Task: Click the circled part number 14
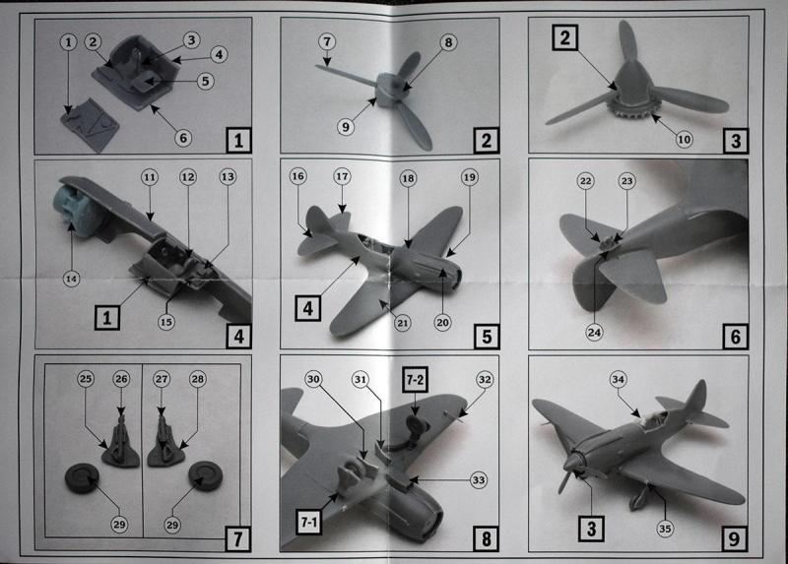click(x=71, y=279)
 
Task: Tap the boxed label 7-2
click(x=415, y=380)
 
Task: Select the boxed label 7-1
click(x=308, y=522)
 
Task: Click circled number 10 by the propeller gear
click(x=684, y=139)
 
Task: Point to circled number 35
click(x=665, y=529)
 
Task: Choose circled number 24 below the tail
click(x=594, y=332)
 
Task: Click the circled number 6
click(x=183, y=138)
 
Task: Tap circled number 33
click(x=479, y=480)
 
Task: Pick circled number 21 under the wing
click(x=403, y=323)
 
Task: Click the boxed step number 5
click(x=487, y=336)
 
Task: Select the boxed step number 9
click(x=734, y=538)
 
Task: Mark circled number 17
click(x=342, y=177)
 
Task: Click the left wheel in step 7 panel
click(x=82, y=478)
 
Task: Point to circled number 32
click(x=485, y=380)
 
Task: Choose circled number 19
click(x=470, y=177)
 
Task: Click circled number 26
click(x=121, y=379)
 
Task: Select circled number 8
click(x=448, y=42)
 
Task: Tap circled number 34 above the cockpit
click(x=619, y=379)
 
